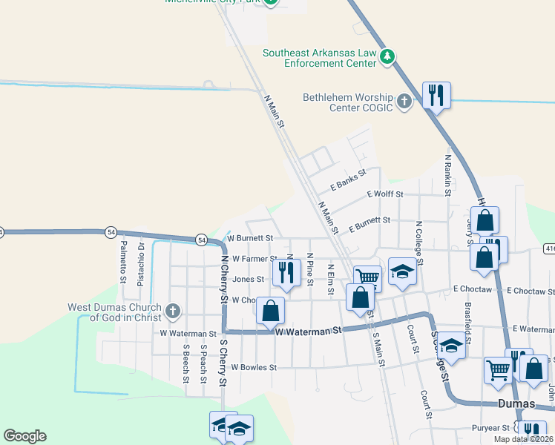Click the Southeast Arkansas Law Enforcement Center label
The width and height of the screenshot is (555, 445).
[x=320, y=59]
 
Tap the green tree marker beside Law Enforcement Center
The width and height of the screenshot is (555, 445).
[x=387, y=57]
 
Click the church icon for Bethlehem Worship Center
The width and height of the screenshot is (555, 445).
[x=404, y=102]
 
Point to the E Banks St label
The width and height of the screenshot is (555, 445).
[x=349, y=181]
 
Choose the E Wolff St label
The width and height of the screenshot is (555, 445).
[x=385, y=194]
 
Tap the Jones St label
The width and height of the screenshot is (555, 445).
[x=249, y=280]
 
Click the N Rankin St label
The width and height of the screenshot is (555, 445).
[x=447, y=176]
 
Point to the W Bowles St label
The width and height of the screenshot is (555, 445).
[x=254, y=367]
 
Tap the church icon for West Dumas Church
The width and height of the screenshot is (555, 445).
[x=173, y=311]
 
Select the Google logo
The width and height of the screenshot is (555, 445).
[x=24, y=436]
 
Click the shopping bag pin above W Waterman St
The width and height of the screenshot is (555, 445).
[x=271, y=310]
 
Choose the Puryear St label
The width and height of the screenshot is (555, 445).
[x=490, y=428]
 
